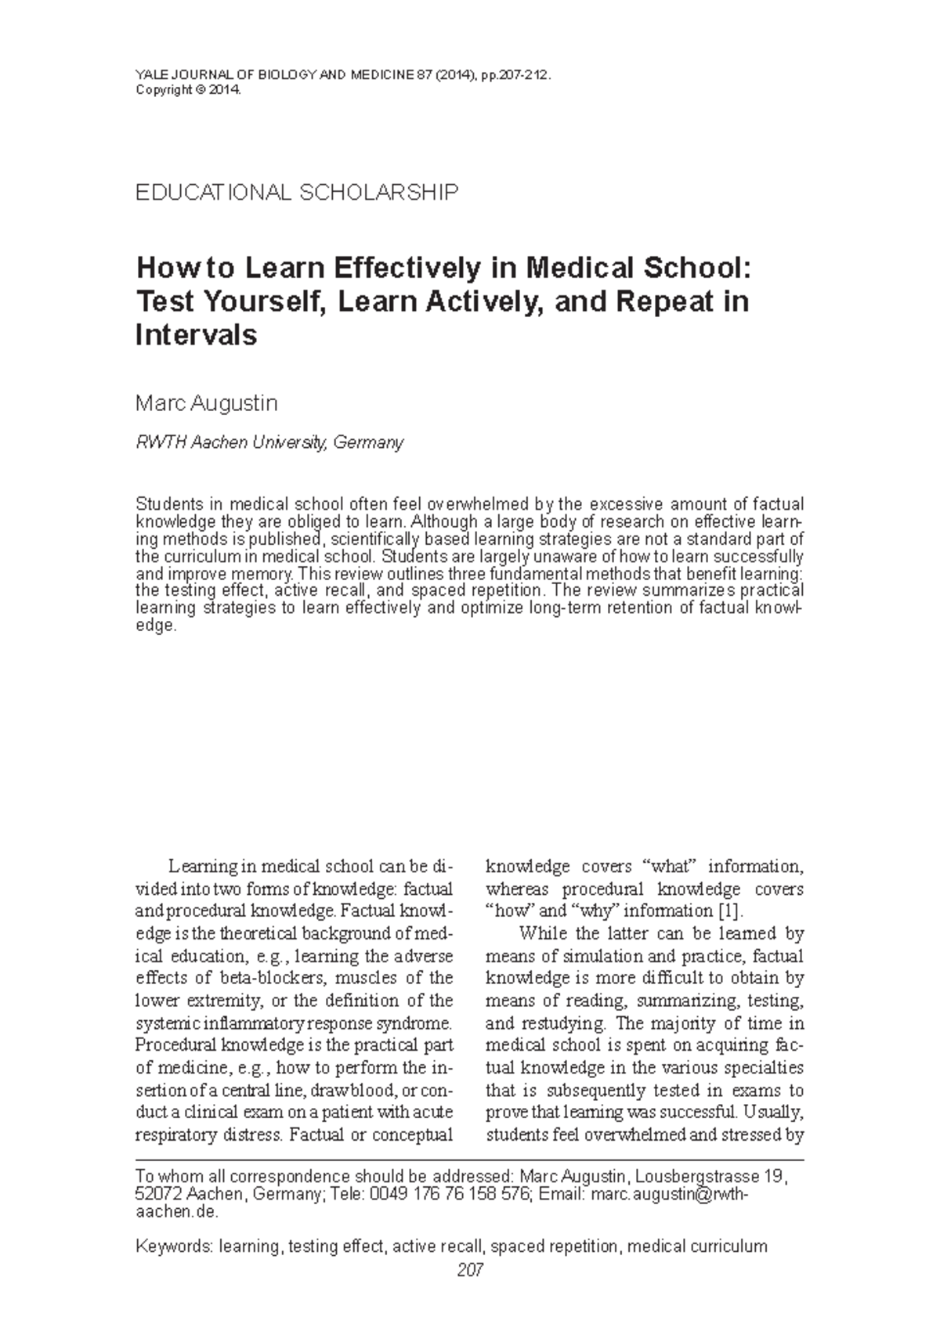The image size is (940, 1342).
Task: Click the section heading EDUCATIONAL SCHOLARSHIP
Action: pos(297,193)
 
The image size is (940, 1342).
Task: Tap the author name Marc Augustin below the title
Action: pos(207,404)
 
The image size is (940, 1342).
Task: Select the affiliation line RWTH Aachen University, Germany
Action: pos(269,442)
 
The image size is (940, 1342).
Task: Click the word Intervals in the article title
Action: pos(196,335)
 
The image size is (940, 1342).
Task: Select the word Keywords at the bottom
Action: pos(172,1246)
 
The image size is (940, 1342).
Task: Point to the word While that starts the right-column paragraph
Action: pos(541,934)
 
